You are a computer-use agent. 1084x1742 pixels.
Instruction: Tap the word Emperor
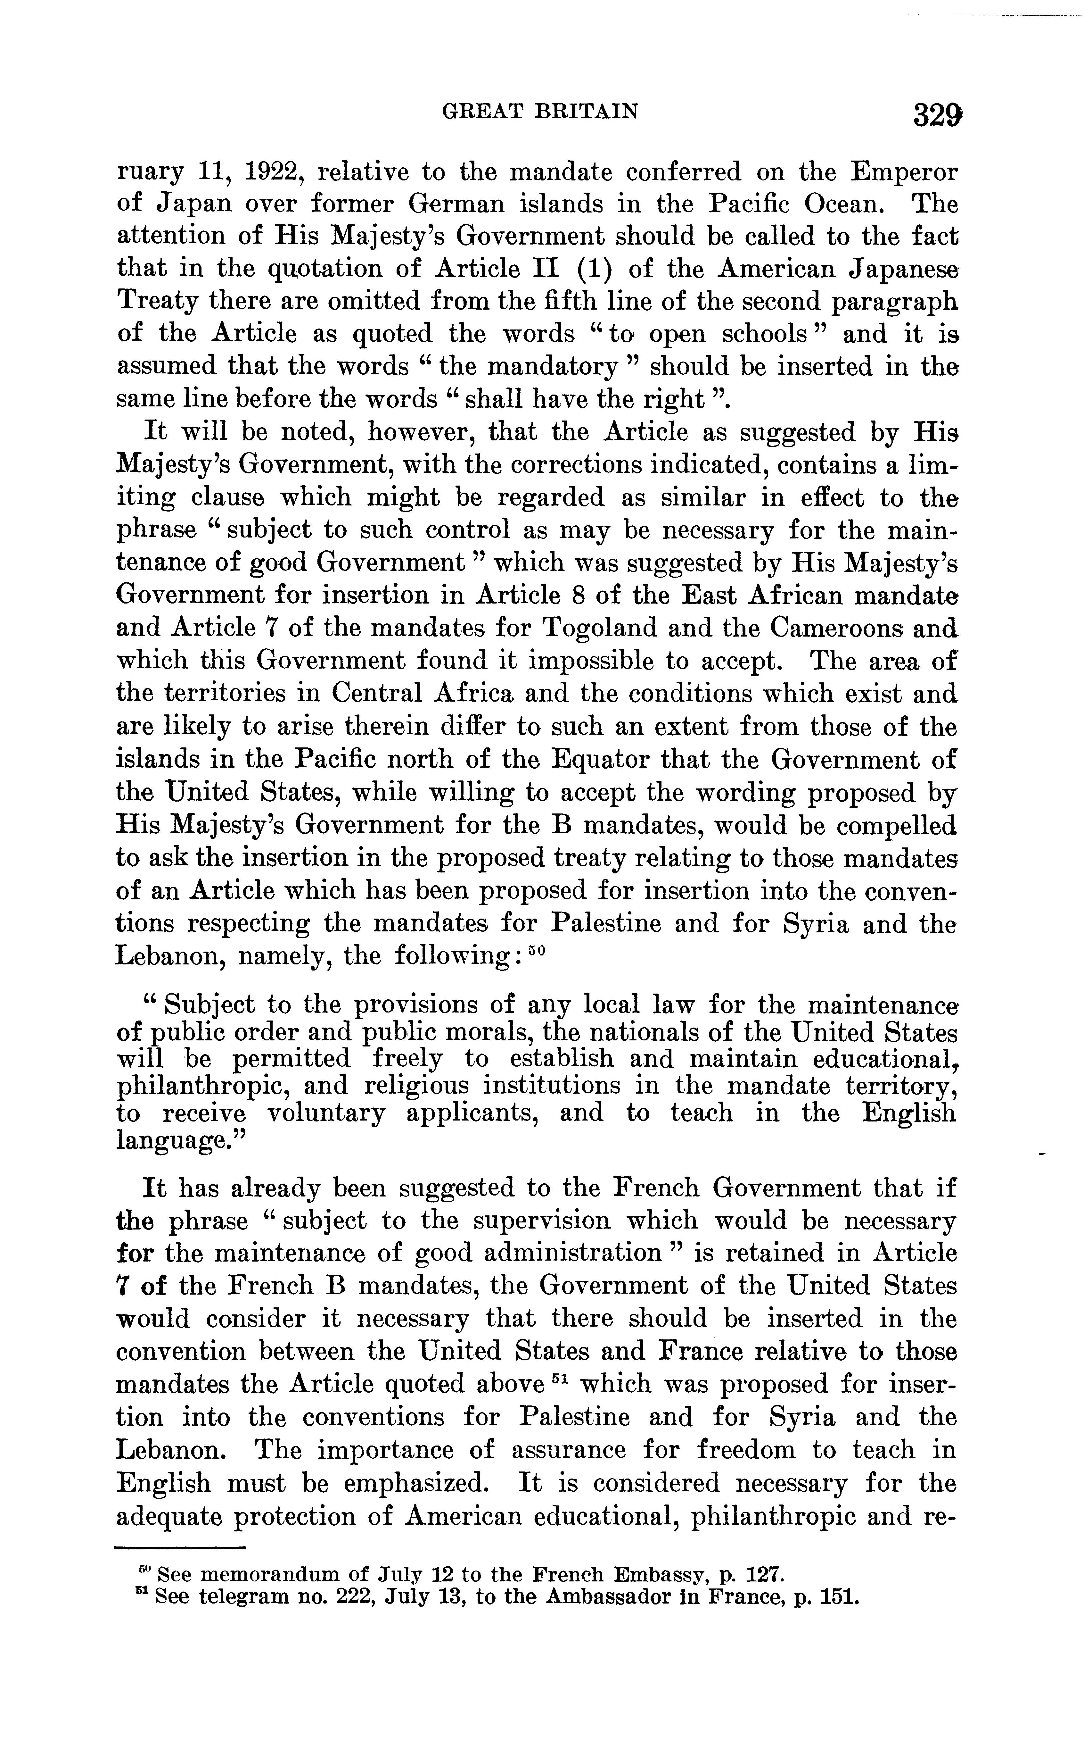click(x=903, y=173)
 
